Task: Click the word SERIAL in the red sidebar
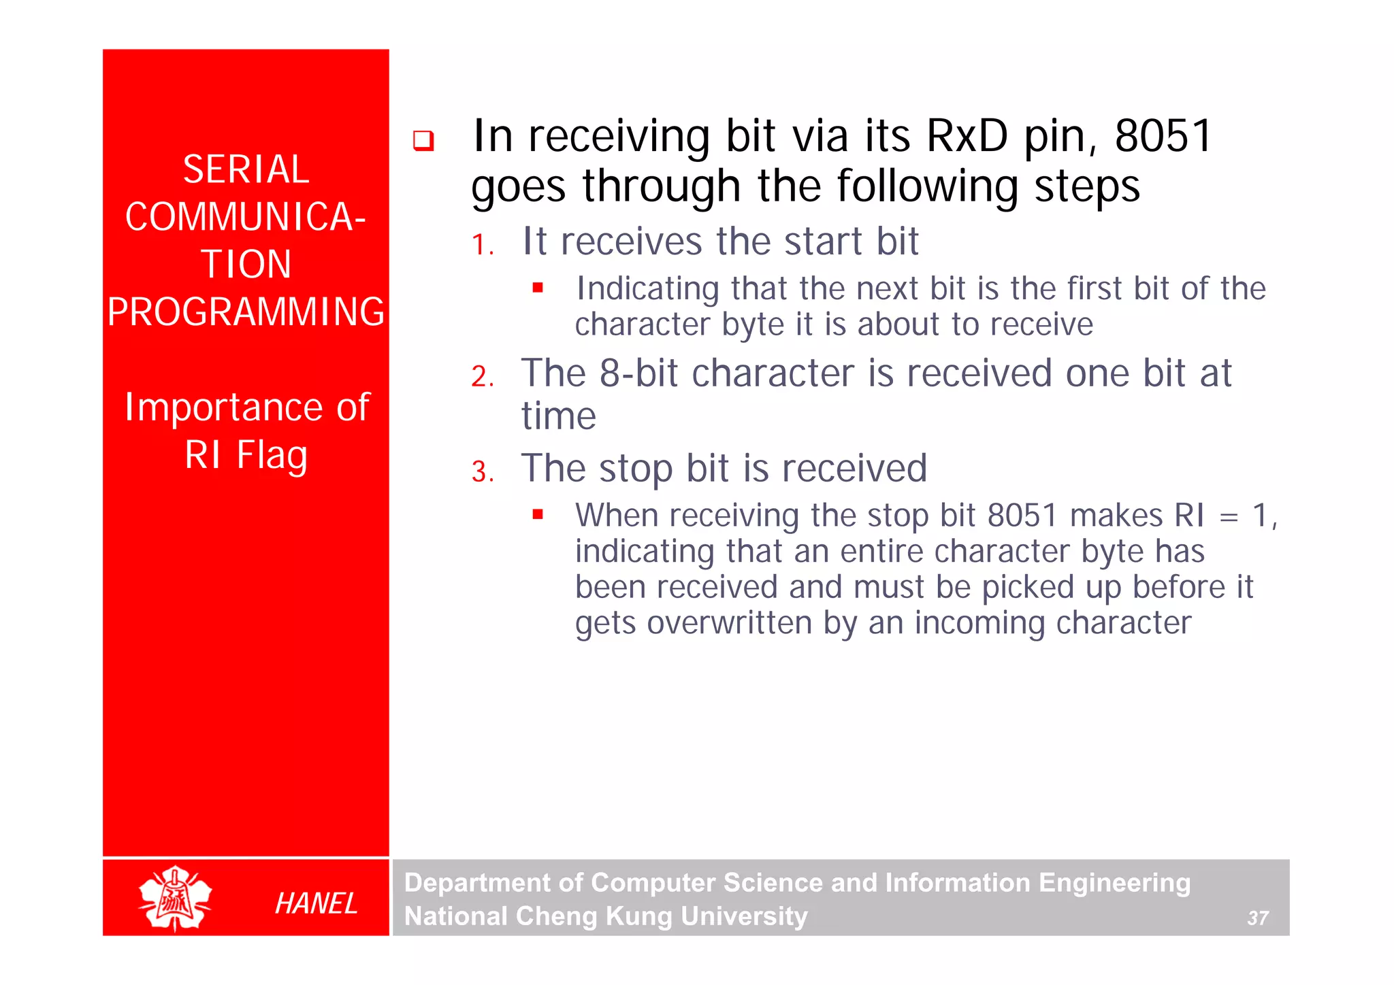[246, 169]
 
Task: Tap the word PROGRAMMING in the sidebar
[246, 312]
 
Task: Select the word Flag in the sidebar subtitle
[272, 456]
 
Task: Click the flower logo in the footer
[175, 899]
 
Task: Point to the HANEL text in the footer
[316, 903]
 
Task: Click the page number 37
[1257, 918]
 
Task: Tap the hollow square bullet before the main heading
[423, 141]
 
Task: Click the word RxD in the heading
[967, 136]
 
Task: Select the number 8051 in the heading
[1163, 136]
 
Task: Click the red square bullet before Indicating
[538, 288]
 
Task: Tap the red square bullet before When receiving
[538, 514]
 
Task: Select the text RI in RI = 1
[1189, 516]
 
